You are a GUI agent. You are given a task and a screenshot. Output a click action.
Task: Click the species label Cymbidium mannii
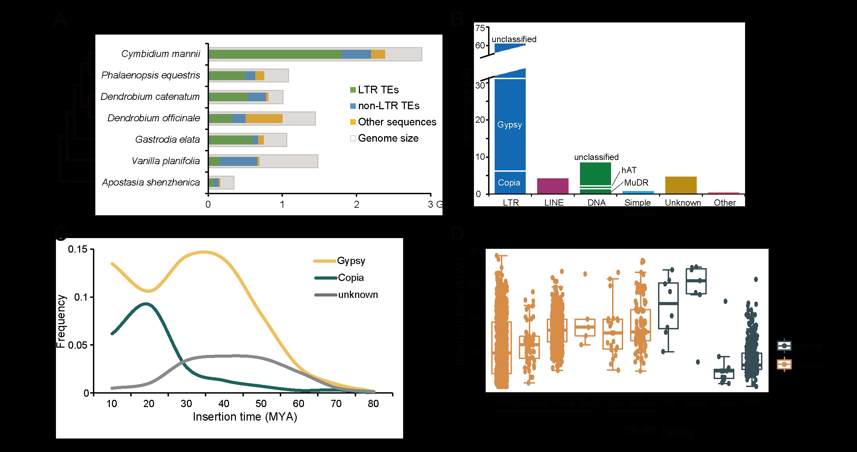pyautogui.click(x=161, y=54)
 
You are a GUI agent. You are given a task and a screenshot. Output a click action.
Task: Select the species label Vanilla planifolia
pyautogui.click(x=166, y=161)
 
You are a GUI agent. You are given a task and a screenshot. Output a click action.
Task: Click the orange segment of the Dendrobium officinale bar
pyautogui.click(x=264, y=119)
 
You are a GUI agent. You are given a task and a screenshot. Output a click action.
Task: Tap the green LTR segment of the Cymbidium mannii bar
pyautogui.click(x=275, y=54)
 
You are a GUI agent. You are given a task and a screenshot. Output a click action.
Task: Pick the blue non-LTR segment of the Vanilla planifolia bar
pyautogui.click(x=238, y=161)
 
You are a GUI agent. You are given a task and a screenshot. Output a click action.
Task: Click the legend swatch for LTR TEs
pyautogui.click(x=353, y=90)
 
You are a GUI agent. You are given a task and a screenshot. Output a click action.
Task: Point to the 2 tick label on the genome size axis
pyautogui.click(x=356, y=205)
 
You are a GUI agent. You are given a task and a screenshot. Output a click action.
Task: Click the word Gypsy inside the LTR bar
pyautogui.click(x=510, y=125)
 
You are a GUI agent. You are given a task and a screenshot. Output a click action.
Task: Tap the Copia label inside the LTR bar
pyautogui.click(x=509, y=183)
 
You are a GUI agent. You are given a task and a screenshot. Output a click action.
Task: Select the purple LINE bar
pyautogui.click(x=553, y=186)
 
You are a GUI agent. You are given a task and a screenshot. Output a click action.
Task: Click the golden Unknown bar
pyautogui.click(x=681, y=185)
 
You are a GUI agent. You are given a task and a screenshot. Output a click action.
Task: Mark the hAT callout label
pyautogui.click(x=629, y=170)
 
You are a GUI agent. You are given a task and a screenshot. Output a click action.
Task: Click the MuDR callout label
pyautogui.click(x=636, y=183)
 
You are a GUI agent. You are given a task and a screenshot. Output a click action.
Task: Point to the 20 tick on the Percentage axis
pyautogui.click(x=480, y=120)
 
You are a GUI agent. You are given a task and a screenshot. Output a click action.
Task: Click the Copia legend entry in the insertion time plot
pyautogui.click(x=351, y=278)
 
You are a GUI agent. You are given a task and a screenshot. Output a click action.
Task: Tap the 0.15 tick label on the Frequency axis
pyautogui.click(x=78, y=249)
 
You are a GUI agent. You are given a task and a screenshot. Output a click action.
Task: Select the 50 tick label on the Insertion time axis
pyautogui.click(x=261, y=404)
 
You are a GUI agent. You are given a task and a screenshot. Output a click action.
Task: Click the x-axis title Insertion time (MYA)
pyautogui.click(x=245, y=417)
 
